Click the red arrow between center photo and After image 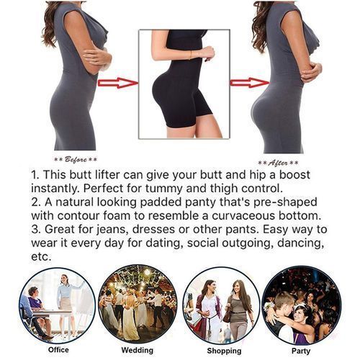(248, 83)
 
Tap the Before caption (75, 159)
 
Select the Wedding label (138, 351)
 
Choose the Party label (301, 351)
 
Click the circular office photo (56, 305)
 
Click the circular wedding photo (138, 305)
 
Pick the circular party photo (301, 305)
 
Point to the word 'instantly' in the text (60, 189)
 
